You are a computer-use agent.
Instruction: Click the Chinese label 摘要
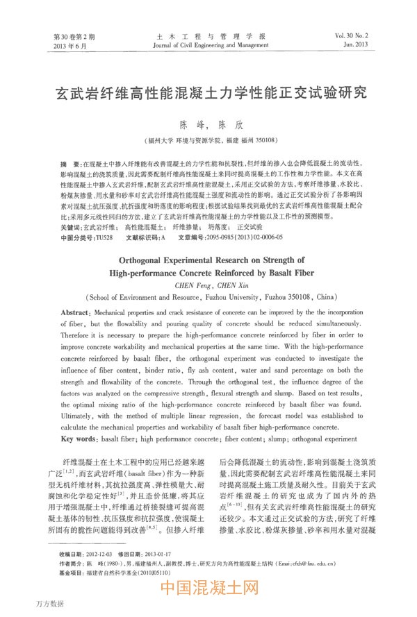(69, 160)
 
